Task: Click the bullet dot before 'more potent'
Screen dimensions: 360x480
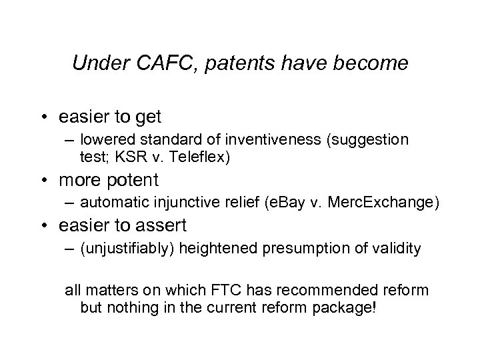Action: tap(47, 181)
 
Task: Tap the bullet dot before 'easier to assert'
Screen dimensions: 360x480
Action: tap(47, 226)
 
